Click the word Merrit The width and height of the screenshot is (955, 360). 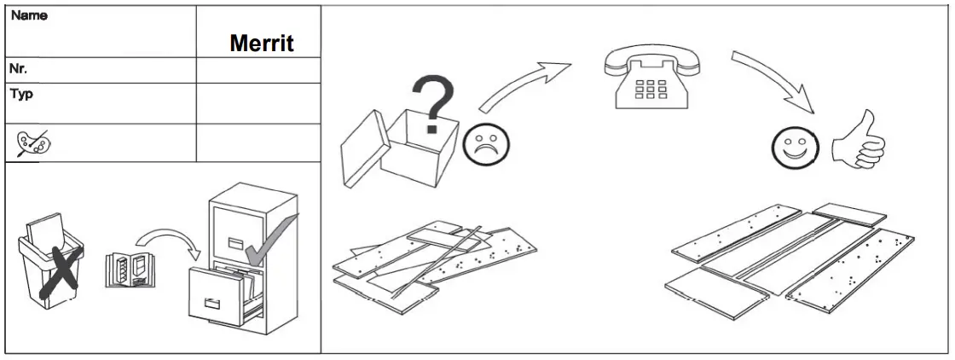point(262,44)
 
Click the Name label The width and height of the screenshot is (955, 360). point(29,15)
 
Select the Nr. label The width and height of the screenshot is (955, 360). point(20,68)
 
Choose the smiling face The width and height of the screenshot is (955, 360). point(792,148)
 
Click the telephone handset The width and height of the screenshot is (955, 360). point(652,60)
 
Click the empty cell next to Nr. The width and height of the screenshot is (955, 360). point(258,70)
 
